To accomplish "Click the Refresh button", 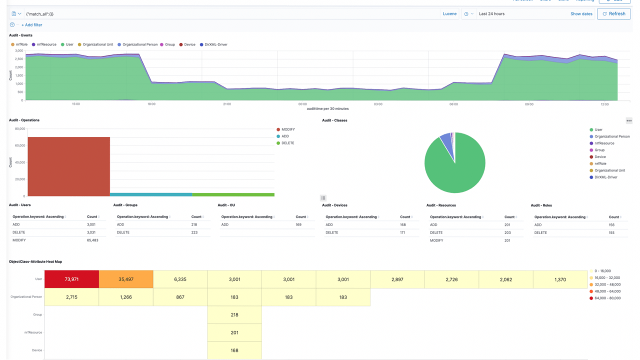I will coord(613,14).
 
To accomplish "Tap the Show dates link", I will coord(581,14).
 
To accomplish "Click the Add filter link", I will coord(31,25).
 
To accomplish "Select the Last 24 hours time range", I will coord(491,14).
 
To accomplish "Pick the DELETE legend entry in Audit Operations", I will coord(287,143).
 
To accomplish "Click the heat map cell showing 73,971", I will coord(71,279).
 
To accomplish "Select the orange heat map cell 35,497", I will coord(126,279).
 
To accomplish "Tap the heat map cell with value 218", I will coord(234,315).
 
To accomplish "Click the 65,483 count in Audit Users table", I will coord(92,240).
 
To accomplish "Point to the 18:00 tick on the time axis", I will coord(151,104).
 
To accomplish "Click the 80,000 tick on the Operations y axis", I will coord(20,128).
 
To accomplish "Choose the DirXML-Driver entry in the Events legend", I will coord(215,44).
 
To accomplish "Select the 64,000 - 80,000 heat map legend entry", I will coord(608,298).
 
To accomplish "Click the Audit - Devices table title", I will coord(334,205).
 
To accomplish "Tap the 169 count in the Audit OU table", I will coord(298,225).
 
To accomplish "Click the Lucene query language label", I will coord(449,14).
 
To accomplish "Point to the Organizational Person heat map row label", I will coord(26,297).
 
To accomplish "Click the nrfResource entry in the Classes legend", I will coord(604,143).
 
